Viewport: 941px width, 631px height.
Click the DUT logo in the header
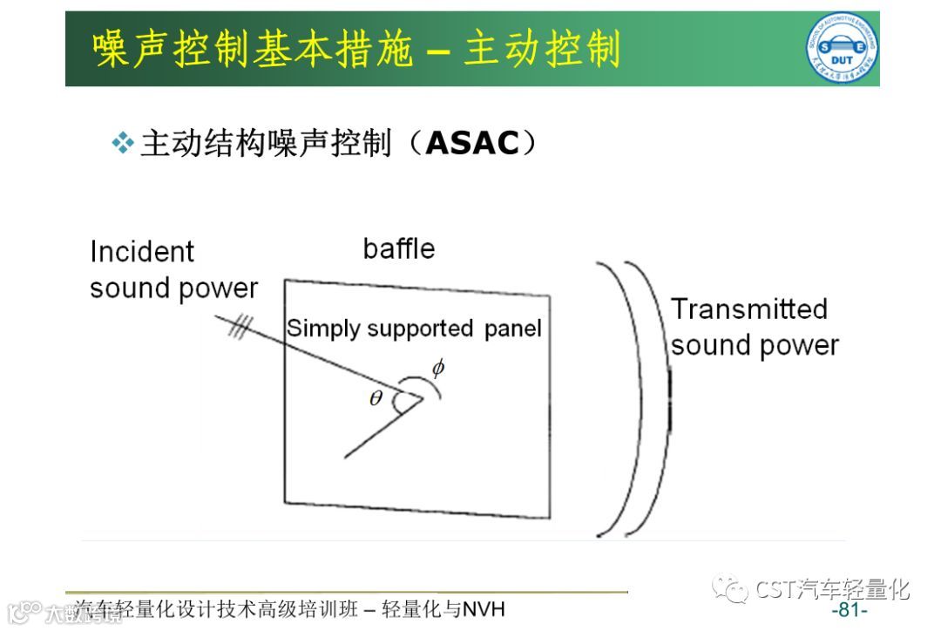(841, 49)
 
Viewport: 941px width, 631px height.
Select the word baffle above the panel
(399, 249)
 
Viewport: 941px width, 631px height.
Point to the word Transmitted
(748, 309)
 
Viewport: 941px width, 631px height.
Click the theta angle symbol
(376, 399)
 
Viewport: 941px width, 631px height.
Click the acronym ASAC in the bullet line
(472, 144)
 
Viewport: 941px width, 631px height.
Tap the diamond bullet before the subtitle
(124, 143)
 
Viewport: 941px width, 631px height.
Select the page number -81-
(850, 609)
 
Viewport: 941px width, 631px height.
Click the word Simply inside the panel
(324, 329)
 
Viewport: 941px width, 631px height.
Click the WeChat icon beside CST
(730, 590)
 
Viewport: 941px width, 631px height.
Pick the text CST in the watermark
(776, 590)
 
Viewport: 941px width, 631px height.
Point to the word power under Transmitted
(796, 345)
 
